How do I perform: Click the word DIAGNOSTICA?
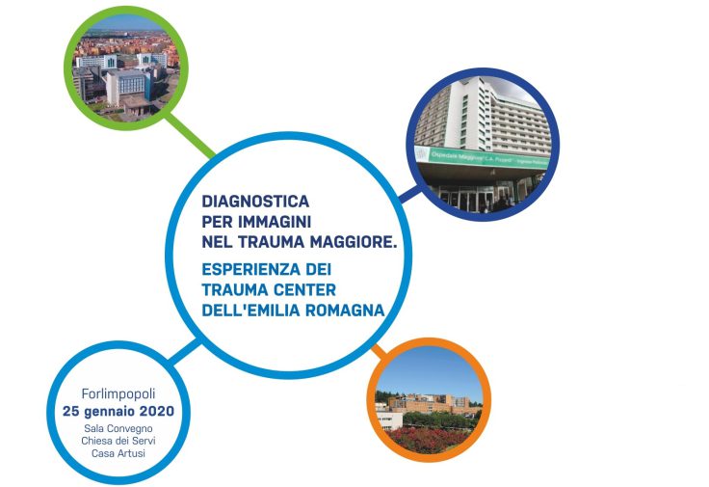tap(255, 201)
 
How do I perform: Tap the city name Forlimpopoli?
tap(118, 394)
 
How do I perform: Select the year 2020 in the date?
tap(156, 412)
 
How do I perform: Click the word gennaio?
tap(109, 412)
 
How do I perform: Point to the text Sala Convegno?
tap(118, 428)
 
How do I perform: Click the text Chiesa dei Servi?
tap(118, 441)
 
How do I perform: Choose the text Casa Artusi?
tap(118, 453)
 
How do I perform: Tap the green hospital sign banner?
tap(482, 158)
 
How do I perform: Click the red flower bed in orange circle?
tap(428, 440)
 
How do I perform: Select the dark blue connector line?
tap(409, 195)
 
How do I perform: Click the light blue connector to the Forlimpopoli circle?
tap(184, 351)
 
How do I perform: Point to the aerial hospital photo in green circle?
tap(125, 68)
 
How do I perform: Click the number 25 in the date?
tap(71, 412)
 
